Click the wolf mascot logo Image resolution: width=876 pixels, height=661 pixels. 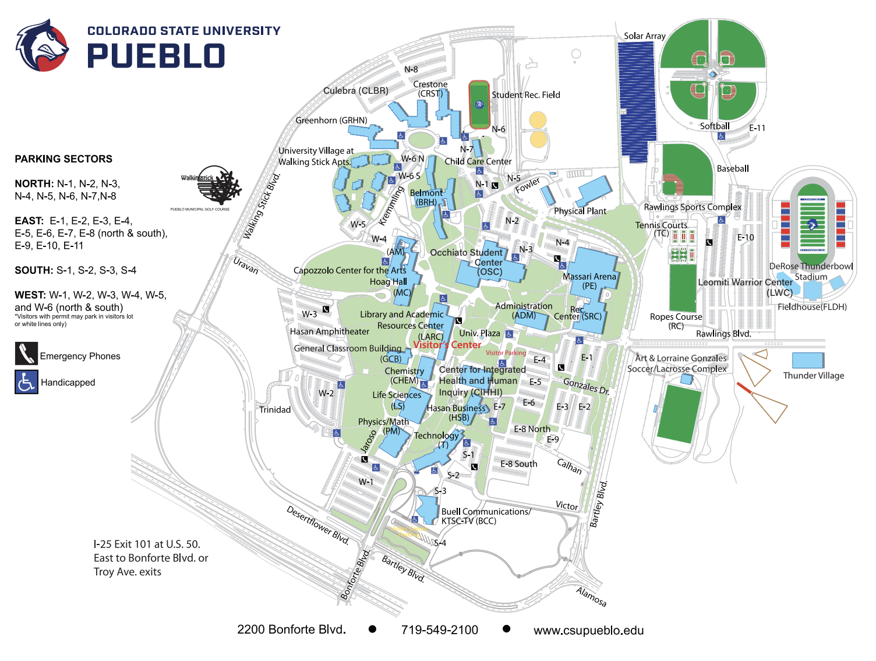pos(42,45)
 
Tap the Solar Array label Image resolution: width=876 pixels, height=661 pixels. pos(644,36)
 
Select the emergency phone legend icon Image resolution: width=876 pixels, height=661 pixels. pos(26,354)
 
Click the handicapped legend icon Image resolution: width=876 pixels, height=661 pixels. pos(26,382)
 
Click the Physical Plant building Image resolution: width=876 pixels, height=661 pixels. pos(594,192)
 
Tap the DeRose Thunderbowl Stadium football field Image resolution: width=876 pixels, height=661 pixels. pos(812,224)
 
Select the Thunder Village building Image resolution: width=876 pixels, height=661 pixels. pos(808,360)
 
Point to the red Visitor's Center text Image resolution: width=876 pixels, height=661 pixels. pos(447,345)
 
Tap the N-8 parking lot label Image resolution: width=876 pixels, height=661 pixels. pos(411,69)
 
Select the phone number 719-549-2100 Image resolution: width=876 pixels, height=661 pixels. pos(439,630)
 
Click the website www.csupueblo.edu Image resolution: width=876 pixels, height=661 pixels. pos(588,630)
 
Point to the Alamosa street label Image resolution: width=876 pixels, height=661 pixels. pos(591,597)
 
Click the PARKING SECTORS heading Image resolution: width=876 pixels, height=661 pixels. pos(63,159)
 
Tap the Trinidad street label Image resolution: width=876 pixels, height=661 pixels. pos(275,410)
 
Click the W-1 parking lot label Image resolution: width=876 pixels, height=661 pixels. pos(366,482)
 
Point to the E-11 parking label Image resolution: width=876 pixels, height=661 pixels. pos(757,128)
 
